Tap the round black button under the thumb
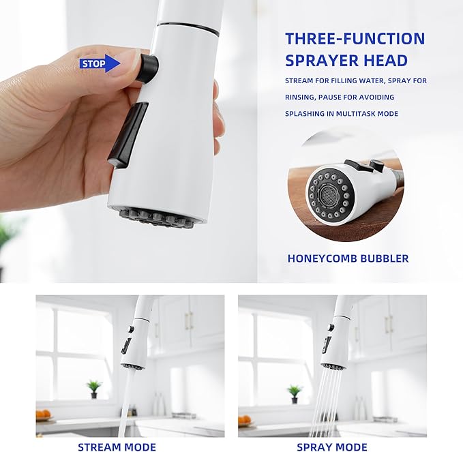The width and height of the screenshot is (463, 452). click(147, 68)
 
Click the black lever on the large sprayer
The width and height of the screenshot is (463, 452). click(128, 134)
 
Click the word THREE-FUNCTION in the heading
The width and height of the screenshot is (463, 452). click(355, 38)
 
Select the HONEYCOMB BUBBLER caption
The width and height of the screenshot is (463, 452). click(348, 258)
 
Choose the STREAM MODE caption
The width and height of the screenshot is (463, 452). click(117, 447)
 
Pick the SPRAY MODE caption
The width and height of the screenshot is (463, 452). click(331, 447)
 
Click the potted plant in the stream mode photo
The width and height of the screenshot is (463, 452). click(94, 388)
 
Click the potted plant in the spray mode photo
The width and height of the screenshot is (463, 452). click(295, 393)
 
